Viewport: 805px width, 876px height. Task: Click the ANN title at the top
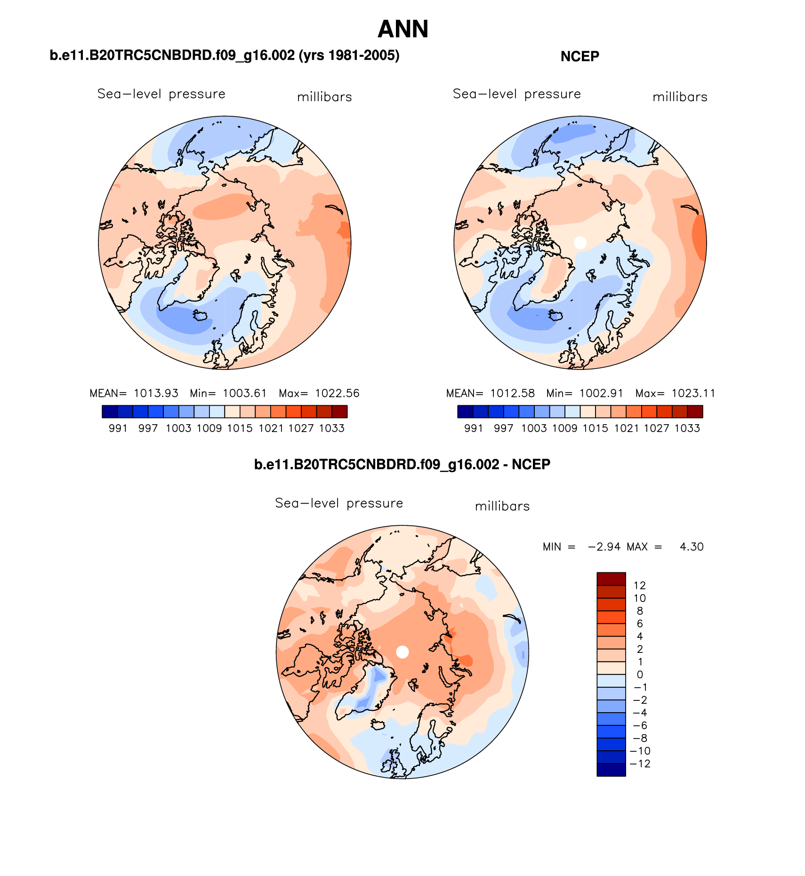pyautogui.click(x=402, y=29)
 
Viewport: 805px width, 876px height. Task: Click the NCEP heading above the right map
pyautogui.click(x=580, y=56)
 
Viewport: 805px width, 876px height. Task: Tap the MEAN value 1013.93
pyautogui.click(x=156, y=393)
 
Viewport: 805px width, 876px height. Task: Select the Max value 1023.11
pyautogui.click(x=693, y=393)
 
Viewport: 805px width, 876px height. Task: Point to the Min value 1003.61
pyautogui.click(x=245, y=393)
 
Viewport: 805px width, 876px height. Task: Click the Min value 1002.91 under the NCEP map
pyautogui.click(x=601, y=393)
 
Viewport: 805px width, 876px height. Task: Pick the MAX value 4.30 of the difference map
pyautogui.click(x=692, y=546)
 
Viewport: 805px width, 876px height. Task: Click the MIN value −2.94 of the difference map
pyautogui.click(x=604, y=546)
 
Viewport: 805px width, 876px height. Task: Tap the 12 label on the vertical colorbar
pyautogui.click(x=639, y=585)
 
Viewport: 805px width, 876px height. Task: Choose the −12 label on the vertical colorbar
pyautogui.click(x=640, y=763)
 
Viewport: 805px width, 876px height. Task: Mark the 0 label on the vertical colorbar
pyautogui.click(x=640, y=675)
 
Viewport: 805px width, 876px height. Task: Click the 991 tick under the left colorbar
pyautogui.click(x=118, y=428)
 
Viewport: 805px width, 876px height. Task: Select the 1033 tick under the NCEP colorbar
pyautogui.click(x=687, y=428)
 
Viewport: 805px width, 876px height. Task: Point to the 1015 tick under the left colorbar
pyautogui.click(x=240, y=428)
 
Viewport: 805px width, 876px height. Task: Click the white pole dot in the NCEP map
pyautogui.click(x=580, y=242)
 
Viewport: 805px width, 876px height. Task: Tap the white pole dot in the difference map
pyautogui.click(x=402, y=652)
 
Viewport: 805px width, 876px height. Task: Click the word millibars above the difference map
pyautogui.click(x=502, y=506)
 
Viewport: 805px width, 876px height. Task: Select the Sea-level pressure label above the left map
pyautogui.click(x=161, y=94)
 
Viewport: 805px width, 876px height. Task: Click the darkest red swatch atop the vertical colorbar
pyautogui.click(x=611, y=579)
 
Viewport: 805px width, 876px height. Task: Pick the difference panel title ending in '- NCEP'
pyautogui.click(x=402, y=465)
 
